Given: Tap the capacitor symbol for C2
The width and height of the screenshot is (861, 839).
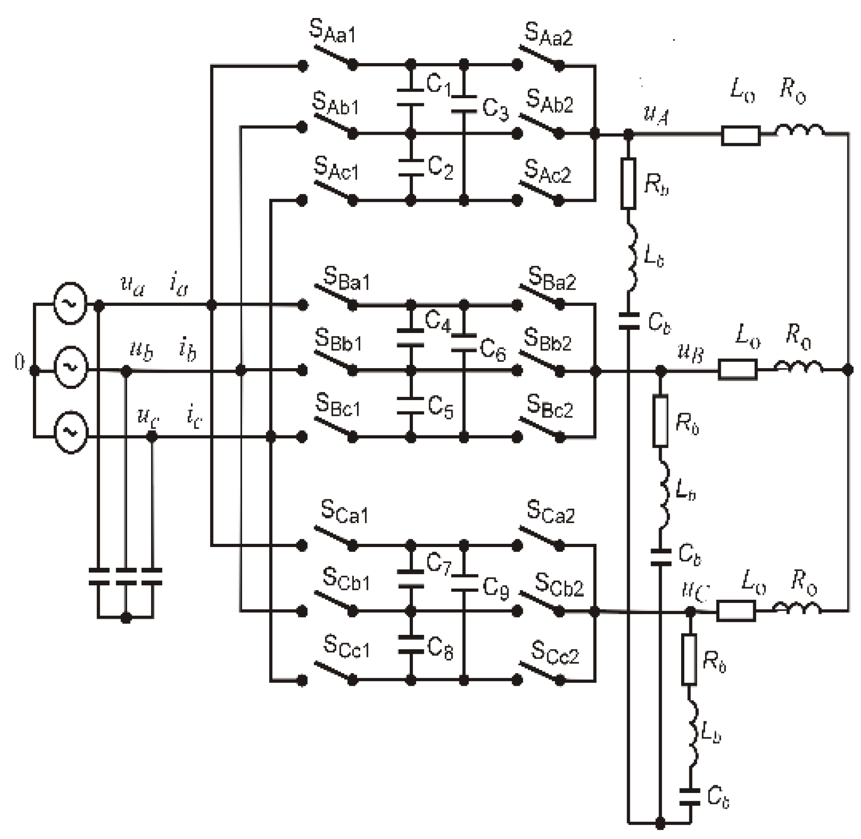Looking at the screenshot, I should [x=410, y=167].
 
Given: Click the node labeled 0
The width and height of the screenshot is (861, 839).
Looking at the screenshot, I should [x=19, y=363].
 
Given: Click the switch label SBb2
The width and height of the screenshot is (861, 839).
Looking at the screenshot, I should [x=547, y=340].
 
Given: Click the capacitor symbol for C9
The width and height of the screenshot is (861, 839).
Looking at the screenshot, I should [x=464, y=583].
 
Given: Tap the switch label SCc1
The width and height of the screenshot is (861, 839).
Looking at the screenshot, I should [x=346, y=647].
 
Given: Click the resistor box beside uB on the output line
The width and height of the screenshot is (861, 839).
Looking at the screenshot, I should [x=737, y=369].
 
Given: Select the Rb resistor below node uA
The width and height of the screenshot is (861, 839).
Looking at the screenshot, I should [x=628, y=184].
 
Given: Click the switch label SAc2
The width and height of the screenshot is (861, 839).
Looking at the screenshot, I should [x=547, y=173].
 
